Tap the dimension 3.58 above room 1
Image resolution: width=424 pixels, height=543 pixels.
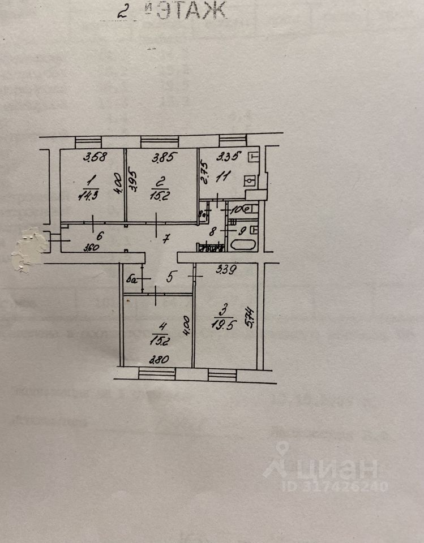point(95,158)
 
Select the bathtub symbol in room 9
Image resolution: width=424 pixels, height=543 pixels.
point(243,247)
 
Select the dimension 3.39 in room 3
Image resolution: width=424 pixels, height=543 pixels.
point(226,270)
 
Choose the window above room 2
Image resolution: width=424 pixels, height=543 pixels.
point(160,141)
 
